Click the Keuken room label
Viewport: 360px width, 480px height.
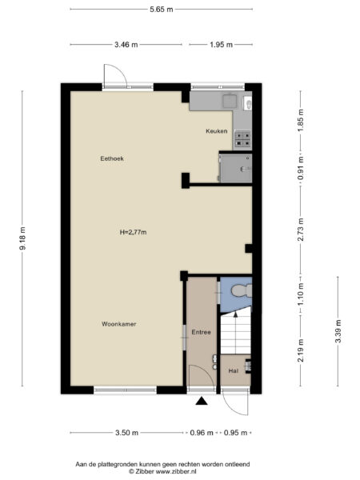pyautogui.click(x=216, y=130)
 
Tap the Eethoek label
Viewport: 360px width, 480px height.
pyautogui.click(x=111, y=158)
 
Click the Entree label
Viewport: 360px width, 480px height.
pyautogui.click(x=200, y=332)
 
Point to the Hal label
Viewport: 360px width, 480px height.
pyautogui.click(x=234, y=370)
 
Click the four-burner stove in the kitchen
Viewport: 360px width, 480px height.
pyautogui.click(x=242, y=137)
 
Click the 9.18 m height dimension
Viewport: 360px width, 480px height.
pyautogui.click(x=22, y=240)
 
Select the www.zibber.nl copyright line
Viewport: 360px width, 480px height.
pyautogui.click(x=162, y=471)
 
